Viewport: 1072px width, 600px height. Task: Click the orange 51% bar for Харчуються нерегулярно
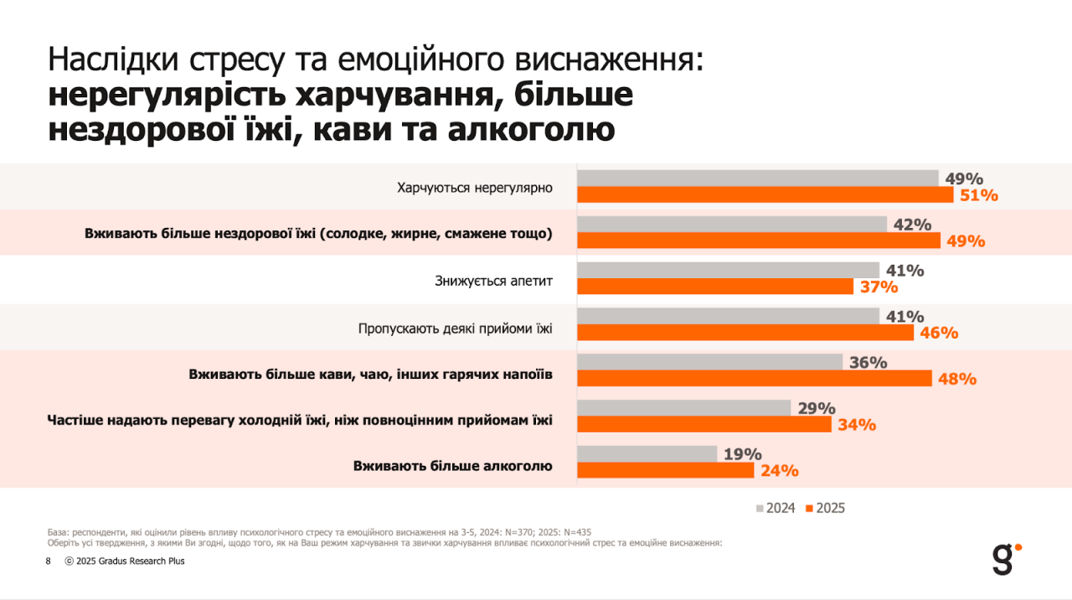click(x=765, y=195)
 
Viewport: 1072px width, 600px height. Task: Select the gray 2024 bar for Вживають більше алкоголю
click(x=647, y=453)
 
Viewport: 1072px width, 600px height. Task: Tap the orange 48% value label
click(x=957, y=379)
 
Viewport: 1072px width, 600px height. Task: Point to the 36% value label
click(x=868, y=363)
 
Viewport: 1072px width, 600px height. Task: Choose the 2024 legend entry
click(x=776, y=508)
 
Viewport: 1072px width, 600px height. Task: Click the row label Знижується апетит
click(x=493, y=280)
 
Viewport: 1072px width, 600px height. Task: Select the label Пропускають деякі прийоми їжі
click(x=456, y=328)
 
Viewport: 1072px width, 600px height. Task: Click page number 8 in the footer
click(x=48, y=561)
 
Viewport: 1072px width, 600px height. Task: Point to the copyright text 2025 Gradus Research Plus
click(x=125, y=561)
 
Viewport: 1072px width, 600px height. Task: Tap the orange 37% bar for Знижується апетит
click(x=715, y=287)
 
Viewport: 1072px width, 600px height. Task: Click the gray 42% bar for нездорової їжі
click(x=732, y=224)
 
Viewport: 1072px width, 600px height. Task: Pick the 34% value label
click(x=856, y=425)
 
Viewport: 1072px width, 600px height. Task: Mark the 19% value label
click(x=742, y=454)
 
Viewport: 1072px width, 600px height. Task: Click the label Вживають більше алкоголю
click(x=452, y=465)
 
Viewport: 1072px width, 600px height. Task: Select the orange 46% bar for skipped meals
click(x=745, y=333)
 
